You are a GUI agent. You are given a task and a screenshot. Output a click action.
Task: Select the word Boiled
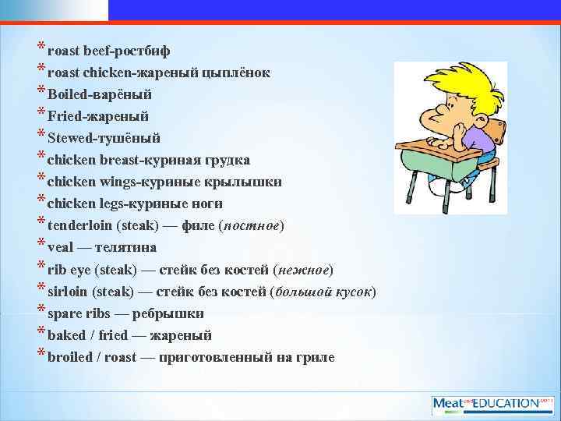pyautogui.click(x=65, y=94)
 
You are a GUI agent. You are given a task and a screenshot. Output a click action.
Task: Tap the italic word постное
pyautogui.click(x=253, y=225)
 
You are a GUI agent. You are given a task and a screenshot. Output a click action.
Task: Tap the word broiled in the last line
pyautogui.click(x=69, y=357)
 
